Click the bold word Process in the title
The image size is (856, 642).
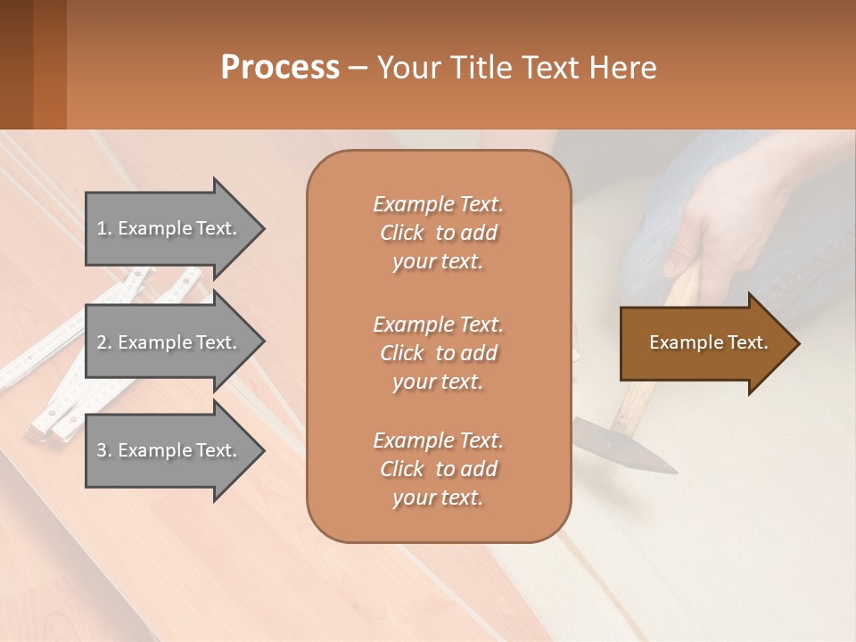click(x=280, y=68)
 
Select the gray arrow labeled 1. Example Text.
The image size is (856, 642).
click(x=169, y=228)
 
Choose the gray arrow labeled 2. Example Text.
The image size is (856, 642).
click(x=169, y=342)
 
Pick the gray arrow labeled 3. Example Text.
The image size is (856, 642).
click(x=169, y=450)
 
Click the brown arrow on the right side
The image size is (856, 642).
click(x=704, y=343)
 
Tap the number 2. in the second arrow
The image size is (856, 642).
click(x=104, y=342)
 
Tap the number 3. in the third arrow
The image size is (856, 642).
click(x=104, y=450)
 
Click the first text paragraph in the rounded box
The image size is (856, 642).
click(x=438, y=233)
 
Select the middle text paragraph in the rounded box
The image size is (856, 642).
click(x=438, y=353)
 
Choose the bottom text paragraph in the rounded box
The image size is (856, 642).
click(x=438, y=469)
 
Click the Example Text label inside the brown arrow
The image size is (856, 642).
click(x=708, y=342)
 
